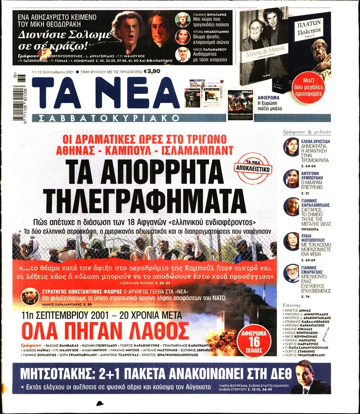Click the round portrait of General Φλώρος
(x=30, y=296)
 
